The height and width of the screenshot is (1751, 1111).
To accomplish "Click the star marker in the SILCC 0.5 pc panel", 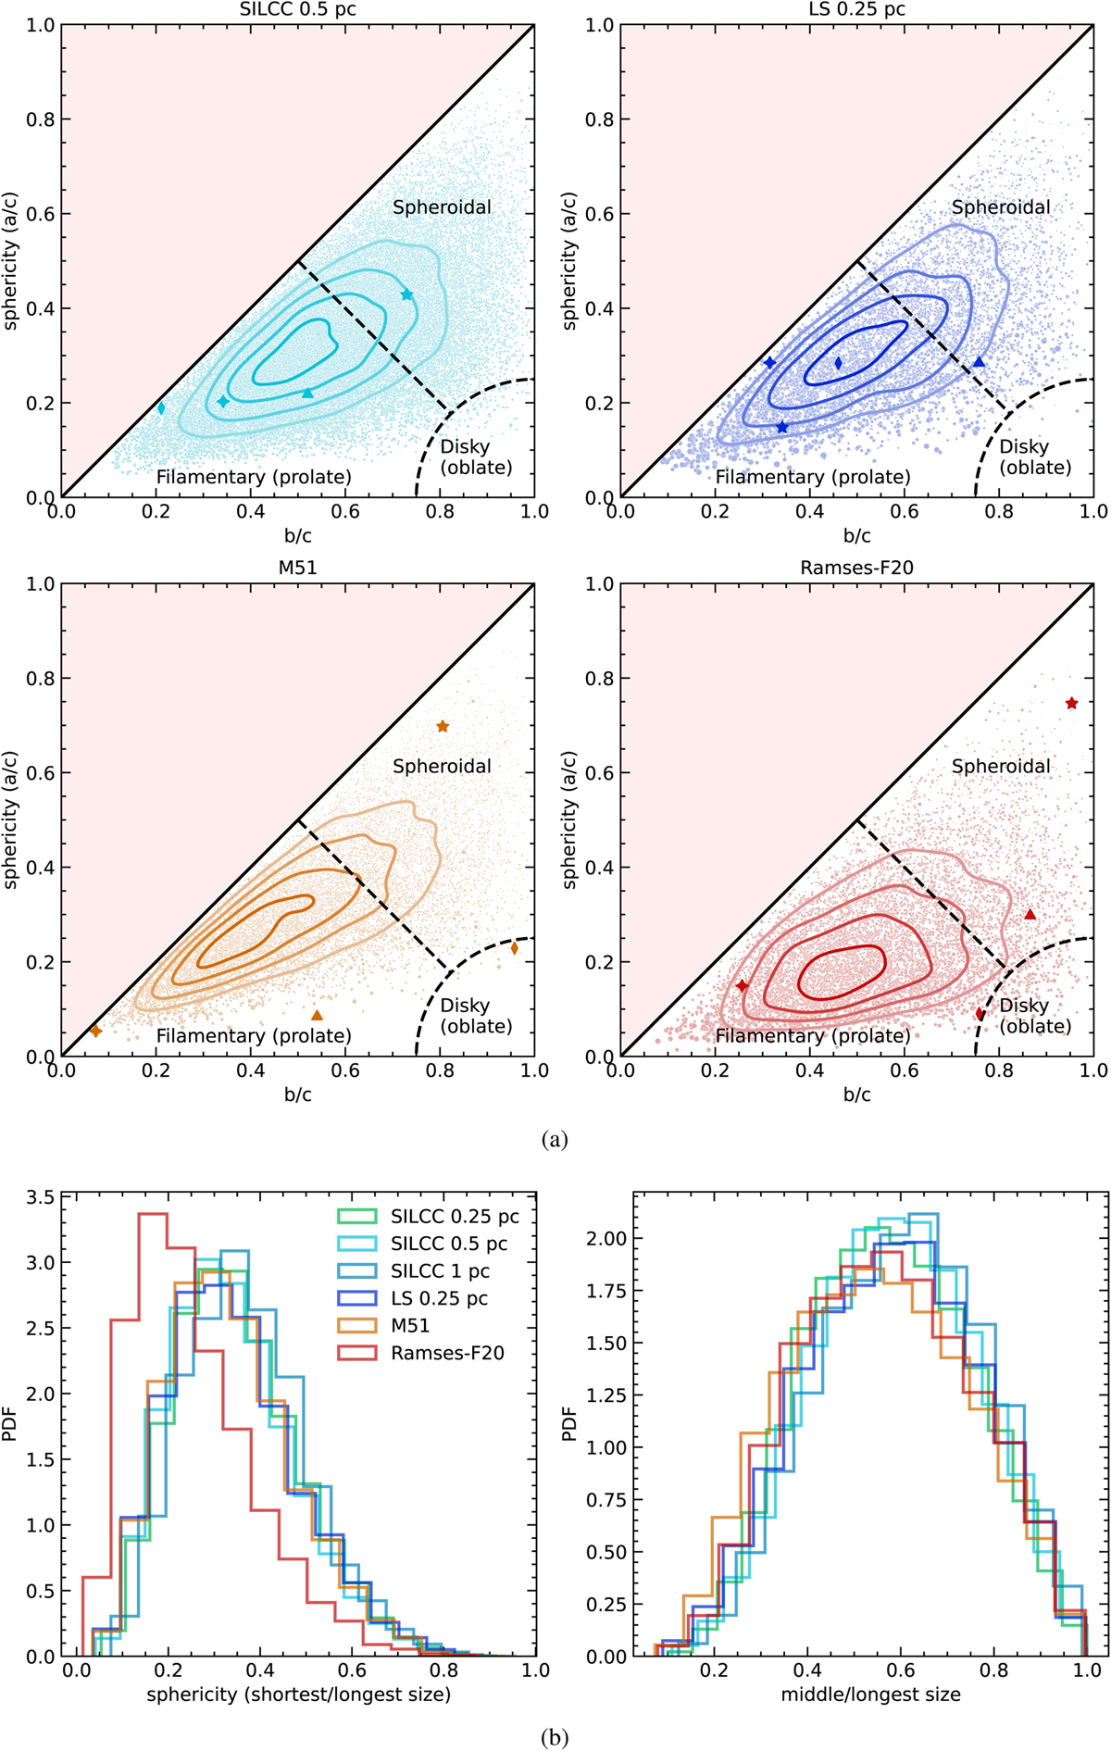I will [x=406, y=294].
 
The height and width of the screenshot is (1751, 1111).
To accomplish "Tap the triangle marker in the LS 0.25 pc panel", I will [x=980, y=362].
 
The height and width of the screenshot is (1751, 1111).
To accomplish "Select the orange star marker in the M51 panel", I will [x=443, y=726].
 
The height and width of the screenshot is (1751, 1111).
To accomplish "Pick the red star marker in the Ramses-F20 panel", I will [x=1071, y=704].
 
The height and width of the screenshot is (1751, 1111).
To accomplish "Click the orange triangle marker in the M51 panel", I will [x=318, y=1016].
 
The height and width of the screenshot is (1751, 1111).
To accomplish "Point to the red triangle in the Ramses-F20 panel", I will [x=1030, y=915].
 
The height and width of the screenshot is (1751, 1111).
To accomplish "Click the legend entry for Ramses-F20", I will [x=447, y=1353].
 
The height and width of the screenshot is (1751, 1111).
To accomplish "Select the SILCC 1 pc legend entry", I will [x=440, y=1271].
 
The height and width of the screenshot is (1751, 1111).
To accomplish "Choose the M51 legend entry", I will [x=409, y=1326].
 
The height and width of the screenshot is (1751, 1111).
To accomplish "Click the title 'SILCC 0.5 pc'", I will [x=297, y=10].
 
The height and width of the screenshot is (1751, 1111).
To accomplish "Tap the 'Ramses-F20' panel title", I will [x=856, y=568].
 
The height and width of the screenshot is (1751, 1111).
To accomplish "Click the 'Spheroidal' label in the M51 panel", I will [x=442, y=767].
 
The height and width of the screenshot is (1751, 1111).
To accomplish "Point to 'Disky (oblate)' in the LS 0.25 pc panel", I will [x=1034, y=457].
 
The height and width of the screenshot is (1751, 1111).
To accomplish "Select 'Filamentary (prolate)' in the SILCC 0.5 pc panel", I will [x=254, y=477].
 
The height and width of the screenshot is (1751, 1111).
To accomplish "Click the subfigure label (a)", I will [x=555, y=1140].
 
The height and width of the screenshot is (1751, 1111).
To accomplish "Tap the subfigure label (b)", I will [x=555, y=1738].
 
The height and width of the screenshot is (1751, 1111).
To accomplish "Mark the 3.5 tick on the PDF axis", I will [x=41, y=1197].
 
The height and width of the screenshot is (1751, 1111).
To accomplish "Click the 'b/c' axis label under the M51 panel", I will [x=297, y=1094].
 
